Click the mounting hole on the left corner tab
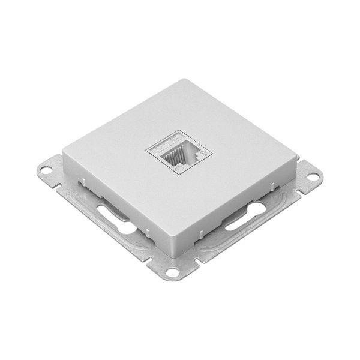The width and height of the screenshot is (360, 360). coord(45,170)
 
